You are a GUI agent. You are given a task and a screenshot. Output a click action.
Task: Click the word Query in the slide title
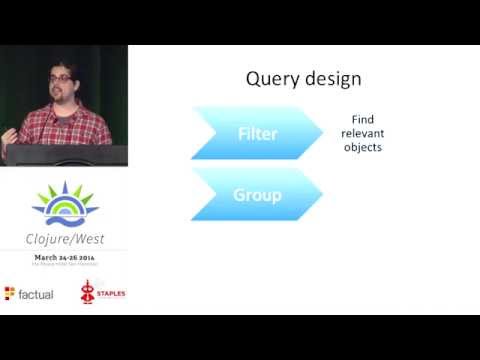(x=272, y=78)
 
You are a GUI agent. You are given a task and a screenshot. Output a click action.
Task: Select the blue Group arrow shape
(x=257, y=195)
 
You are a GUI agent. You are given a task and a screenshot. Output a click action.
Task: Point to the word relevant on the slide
(x=361, y=133)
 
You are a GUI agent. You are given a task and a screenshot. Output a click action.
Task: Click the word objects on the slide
(x=361, y=148)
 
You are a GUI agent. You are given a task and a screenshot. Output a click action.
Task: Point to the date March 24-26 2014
(x=65, y=257)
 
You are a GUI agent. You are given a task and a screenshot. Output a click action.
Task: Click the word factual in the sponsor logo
(x=35, y=293)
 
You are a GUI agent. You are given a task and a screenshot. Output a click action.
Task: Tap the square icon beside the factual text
(x=10, y=293)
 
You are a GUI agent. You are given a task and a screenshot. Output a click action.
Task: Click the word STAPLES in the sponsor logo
(x=110, y=294)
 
